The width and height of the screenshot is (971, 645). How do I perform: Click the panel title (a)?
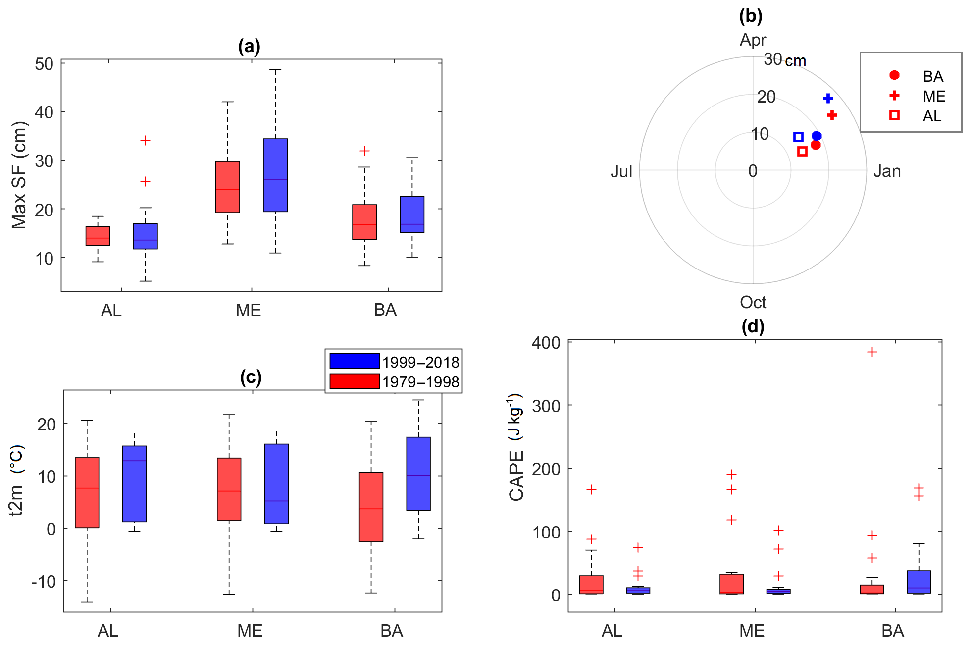[249, 46]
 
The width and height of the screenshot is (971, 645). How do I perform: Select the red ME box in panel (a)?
[228, 187]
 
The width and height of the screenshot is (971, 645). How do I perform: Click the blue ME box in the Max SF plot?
[275, 175]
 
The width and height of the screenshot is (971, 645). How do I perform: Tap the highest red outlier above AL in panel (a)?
[145, 141]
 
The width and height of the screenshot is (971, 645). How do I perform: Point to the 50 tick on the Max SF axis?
[45, 64]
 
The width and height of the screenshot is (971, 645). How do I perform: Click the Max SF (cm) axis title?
[19, 175]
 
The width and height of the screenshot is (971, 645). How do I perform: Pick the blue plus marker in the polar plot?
[828, 99]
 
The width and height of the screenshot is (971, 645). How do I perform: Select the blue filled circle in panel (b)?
[817, 136]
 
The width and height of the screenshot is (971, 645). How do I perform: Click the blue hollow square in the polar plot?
[798, 137]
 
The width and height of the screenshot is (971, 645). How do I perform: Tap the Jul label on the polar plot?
[621, 171]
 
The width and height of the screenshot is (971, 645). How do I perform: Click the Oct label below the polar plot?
[753, 302]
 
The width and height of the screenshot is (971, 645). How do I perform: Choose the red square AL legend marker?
[894, 115]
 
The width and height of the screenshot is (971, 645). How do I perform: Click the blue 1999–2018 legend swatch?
[355, 361]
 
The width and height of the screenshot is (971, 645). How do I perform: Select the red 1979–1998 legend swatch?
[355, 381]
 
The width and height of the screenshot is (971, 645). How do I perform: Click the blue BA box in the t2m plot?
[418, 474]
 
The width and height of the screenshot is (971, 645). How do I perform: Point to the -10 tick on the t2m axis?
[44, 581]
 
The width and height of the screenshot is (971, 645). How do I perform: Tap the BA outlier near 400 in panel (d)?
[872, 352]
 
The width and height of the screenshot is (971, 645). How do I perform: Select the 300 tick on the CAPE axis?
[546, 406]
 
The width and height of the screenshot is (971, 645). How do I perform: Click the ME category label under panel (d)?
[752, 631]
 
